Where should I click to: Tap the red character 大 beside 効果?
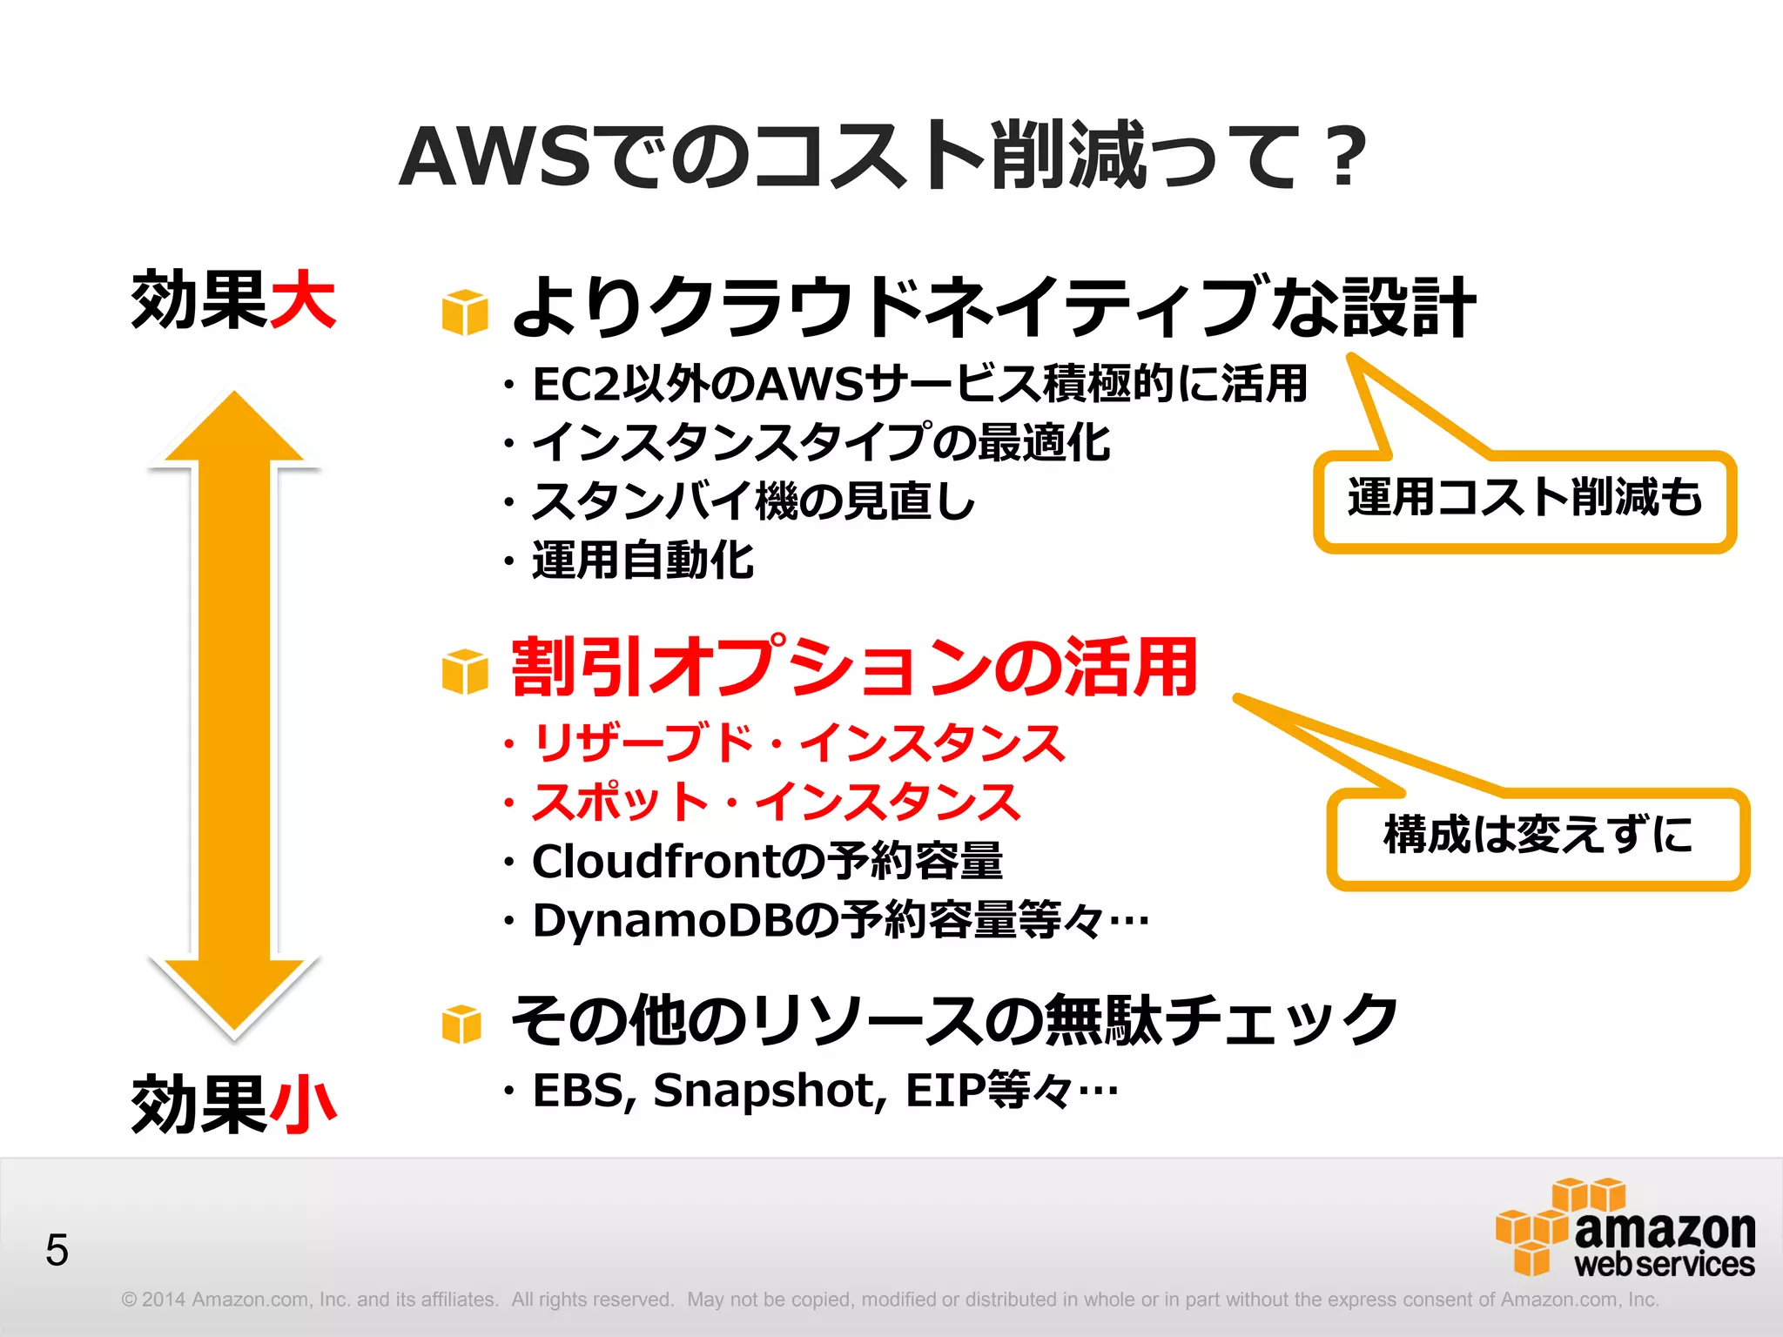click(302, 299)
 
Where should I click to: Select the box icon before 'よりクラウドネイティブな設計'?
click(465, 312)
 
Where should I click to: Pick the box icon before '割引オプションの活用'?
click(465, 671)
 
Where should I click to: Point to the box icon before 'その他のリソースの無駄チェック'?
click(461, 1024)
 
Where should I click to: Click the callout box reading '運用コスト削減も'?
click(1524, 500)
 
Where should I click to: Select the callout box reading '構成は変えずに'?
click(1537, 836)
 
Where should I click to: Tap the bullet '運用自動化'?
click(643, 560)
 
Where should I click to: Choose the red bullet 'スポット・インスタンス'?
click(775, 802)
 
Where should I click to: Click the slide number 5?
click(57, 1251)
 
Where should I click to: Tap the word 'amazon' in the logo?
click(1665, 1228)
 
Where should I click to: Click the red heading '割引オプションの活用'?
click(854, 667)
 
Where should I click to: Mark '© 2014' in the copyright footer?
click(153, 1300)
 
